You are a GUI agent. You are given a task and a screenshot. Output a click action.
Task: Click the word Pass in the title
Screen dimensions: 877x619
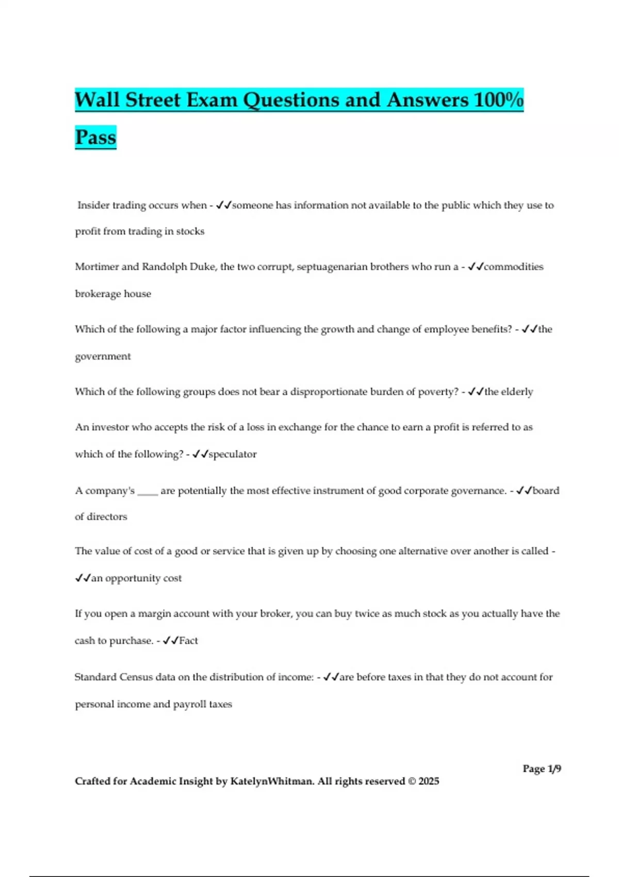pyautogui.click(x=95, y=137)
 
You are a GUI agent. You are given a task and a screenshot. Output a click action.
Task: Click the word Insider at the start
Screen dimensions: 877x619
pyautogui.click(x=93, y=205)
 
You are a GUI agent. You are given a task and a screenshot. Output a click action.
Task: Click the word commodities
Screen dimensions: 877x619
pyautogui.click(x=513, y=267)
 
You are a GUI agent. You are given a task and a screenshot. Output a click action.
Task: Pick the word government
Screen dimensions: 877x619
pyautogui.click(x=103, y=356)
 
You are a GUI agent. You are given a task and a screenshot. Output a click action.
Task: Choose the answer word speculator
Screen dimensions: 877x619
pyautogui.click(x=232, y=454)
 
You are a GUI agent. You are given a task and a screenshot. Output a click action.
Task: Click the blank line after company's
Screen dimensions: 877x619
pyautogui.click(x=148, y=492)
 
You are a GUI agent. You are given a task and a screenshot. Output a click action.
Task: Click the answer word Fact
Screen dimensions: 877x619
pyautogui.click(x=188, y=641)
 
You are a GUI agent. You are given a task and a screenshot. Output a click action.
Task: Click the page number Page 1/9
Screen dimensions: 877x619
pyautogui.click(x=542, y=769)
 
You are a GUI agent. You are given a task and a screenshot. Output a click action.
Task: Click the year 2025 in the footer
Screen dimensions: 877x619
pyautogui.click(x=429, y=781)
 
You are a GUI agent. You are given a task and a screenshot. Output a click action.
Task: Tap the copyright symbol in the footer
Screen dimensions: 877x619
pyautogui.click(x=412, y=781)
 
